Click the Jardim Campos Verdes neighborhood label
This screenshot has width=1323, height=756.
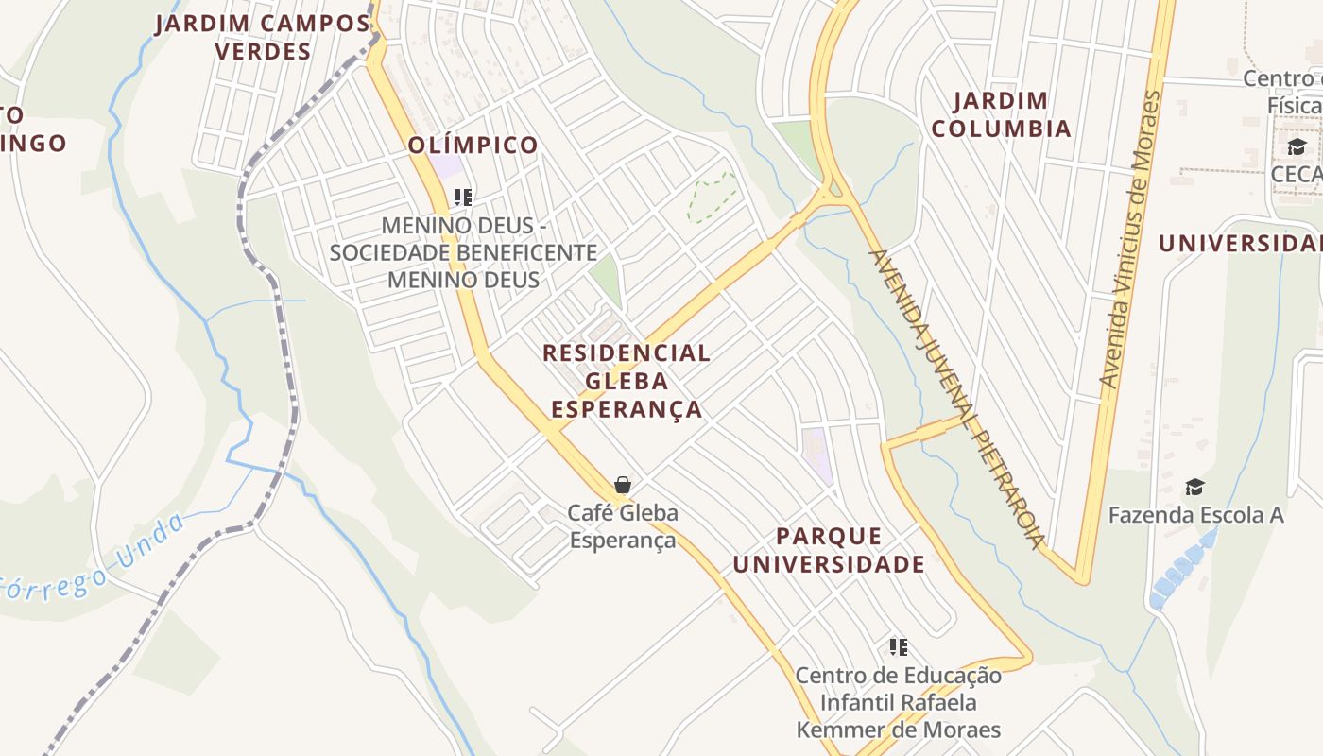point(263,37)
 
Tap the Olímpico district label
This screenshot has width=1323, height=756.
point(473,146)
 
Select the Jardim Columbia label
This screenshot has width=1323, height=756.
point(1001,114)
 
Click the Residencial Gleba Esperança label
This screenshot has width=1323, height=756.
point(627,381)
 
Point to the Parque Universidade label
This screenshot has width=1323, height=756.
point(829,550)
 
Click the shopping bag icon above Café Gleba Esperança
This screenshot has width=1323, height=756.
point(622,485)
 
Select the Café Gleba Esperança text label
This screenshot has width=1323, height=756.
point(623,526)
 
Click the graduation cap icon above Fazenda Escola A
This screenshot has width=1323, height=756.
point(1194,488)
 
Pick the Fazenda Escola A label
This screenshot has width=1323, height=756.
point(1195,515)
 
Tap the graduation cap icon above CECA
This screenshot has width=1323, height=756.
point(1296,147)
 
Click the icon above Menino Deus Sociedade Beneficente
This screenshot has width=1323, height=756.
point(462,198)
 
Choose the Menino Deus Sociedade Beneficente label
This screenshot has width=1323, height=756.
point(463,253)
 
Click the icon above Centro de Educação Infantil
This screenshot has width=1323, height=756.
point(898,647)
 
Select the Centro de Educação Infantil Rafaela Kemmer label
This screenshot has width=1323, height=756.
point(898,702)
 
